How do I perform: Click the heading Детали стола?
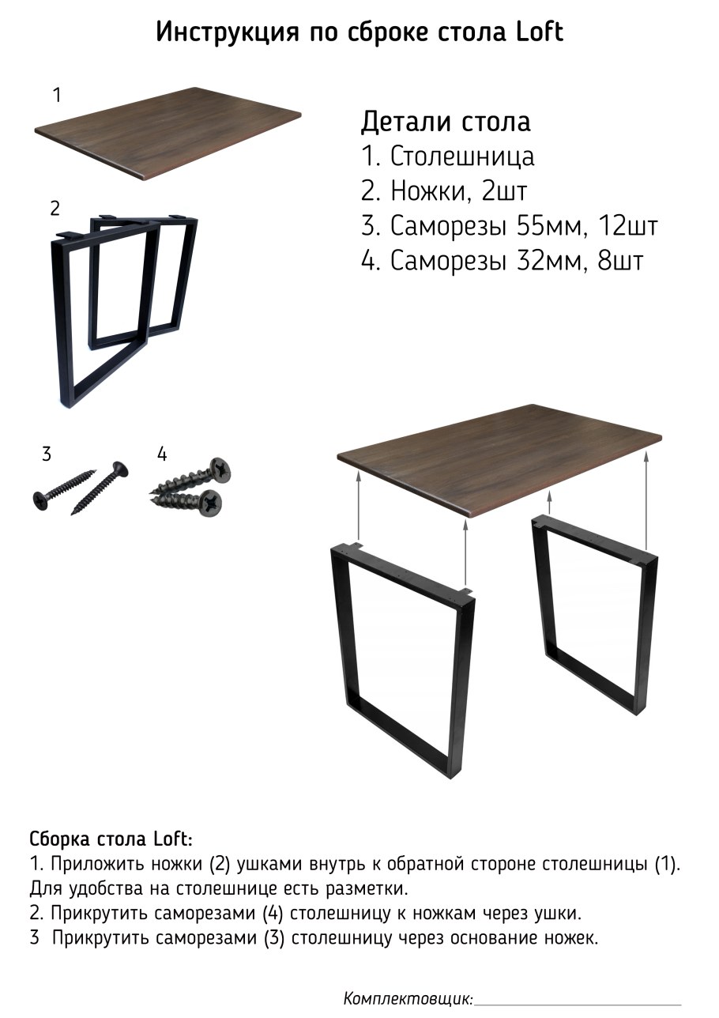click(x=446, y=123)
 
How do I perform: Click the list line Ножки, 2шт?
click(x=444, y=191)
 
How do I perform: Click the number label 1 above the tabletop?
click(x=56, y=96)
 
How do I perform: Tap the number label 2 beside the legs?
click(x=55, y=209)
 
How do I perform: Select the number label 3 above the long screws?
click(x=47, y=454)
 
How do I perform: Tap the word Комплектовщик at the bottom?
click(x=408, y=998)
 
